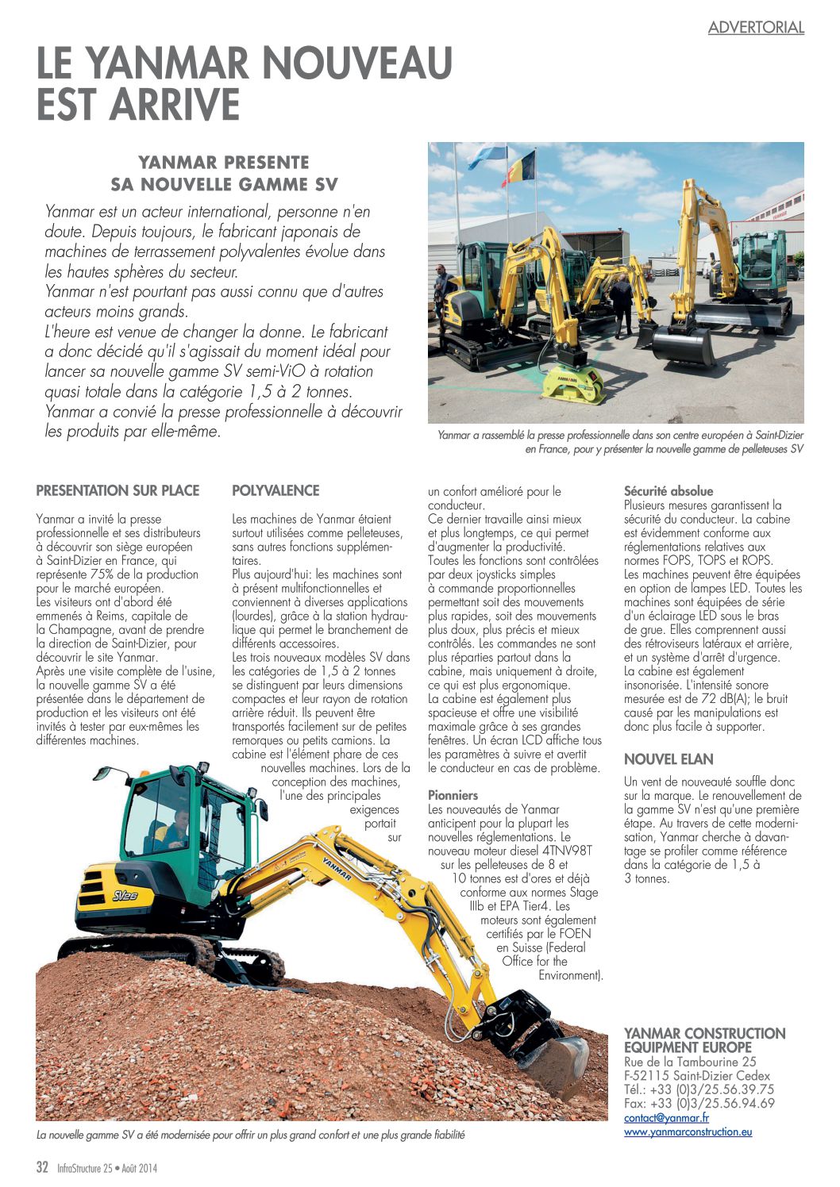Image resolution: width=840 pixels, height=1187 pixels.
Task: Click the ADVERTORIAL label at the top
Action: point(756,27)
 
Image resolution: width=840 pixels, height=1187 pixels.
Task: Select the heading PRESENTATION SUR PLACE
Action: point(118,490)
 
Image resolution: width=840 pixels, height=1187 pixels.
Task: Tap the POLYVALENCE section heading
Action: point(276,490)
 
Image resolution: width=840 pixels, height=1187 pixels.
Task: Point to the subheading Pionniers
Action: point(453,794)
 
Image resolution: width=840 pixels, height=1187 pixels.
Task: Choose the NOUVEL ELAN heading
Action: point(669,759)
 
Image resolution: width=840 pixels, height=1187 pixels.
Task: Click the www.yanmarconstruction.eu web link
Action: point(688,1131)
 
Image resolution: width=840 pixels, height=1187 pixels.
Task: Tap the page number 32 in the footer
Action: point(43,1167)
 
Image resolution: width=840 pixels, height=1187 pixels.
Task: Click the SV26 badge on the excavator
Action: point(125,896)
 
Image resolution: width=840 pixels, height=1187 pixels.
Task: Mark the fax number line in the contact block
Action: point(699,1103)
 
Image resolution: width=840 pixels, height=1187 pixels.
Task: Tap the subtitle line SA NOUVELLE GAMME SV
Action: point(224,185)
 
